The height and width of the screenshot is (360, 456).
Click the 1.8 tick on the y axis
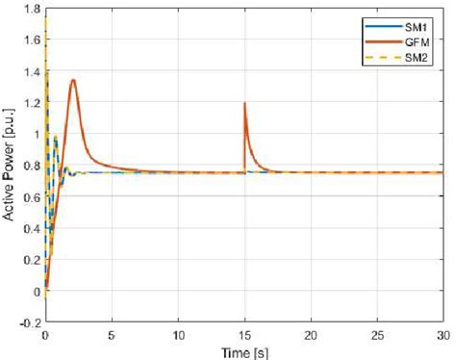coord(32,9)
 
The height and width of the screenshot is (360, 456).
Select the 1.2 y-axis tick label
coord(32,103)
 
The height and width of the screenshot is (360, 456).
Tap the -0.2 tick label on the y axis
coord(29,323)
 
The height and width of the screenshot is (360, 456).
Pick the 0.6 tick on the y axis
coord(32,197)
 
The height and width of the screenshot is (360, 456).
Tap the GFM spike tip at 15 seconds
coord(244,103)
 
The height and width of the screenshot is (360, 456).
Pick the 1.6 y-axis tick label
coord(32,40)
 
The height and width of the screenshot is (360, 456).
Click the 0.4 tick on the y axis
coord(32,229)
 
